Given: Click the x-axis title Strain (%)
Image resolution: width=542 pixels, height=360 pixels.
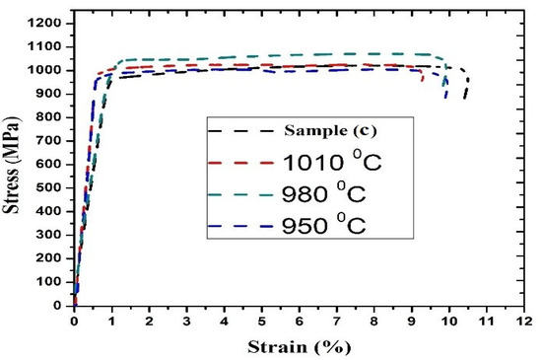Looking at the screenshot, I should click(x=300, y=346).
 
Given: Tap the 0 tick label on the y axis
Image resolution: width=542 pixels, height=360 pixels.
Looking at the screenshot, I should click(x=61, y=306).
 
